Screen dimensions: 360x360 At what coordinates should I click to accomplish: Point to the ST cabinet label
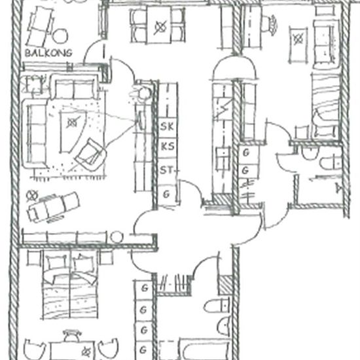[168, 171]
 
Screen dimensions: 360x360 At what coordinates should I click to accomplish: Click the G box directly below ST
[168, 194]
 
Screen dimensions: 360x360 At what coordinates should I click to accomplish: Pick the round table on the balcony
[61, 36]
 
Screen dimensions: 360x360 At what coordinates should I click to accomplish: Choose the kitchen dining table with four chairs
[159, 26]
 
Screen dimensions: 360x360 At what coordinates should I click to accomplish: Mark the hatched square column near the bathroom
[225, 284]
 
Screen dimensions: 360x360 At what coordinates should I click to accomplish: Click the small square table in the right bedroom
[298, 38]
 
